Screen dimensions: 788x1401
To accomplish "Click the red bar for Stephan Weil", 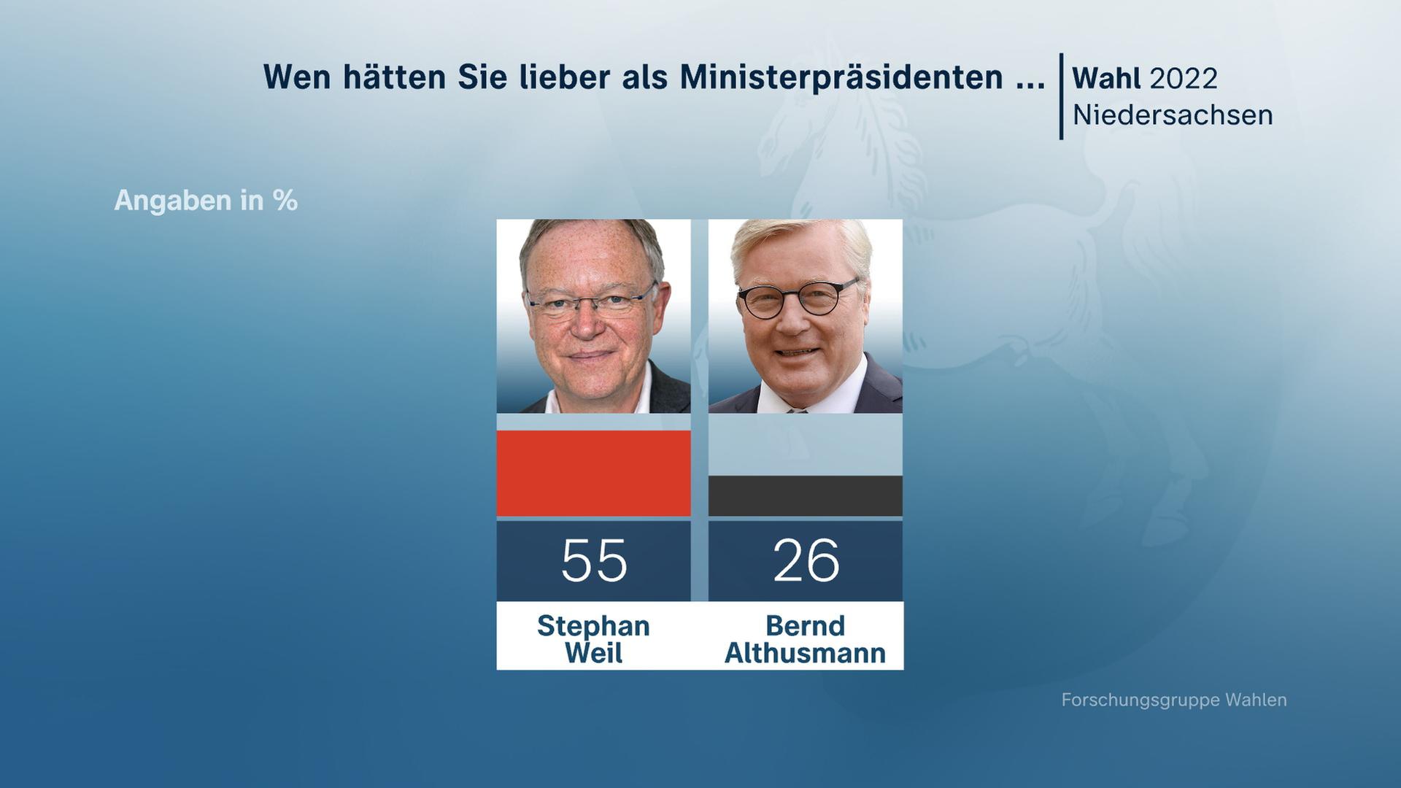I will (x=593, y=473).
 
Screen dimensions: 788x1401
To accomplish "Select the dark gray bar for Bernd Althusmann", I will (x=805, y=496).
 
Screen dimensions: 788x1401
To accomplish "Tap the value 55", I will (x=593, y=560).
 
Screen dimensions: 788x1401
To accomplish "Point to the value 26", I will (x=806, y=560).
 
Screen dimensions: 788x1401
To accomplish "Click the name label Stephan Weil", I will (x=593, y=639).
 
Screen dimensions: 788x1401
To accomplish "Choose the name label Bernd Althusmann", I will (x=806, y=639).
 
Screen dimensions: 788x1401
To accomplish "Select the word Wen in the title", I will (x=297, y=77).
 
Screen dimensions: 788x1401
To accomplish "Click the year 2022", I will (x=1183, y=78).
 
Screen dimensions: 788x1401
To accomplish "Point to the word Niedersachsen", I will (x=1172, y=115).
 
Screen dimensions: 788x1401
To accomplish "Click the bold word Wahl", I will (x=1107, y=78).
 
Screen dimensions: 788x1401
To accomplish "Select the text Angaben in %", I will (x=206, y=201).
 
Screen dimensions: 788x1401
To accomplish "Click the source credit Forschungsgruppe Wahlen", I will (x=1173, y=700).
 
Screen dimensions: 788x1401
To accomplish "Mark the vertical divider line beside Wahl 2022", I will (x=1061, y=96).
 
